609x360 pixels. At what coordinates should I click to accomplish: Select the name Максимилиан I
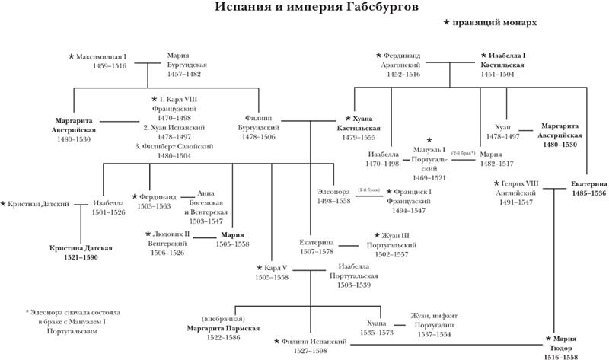coord(104,57)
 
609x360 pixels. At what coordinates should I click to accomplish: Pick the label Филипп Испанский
coord(312,343)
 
